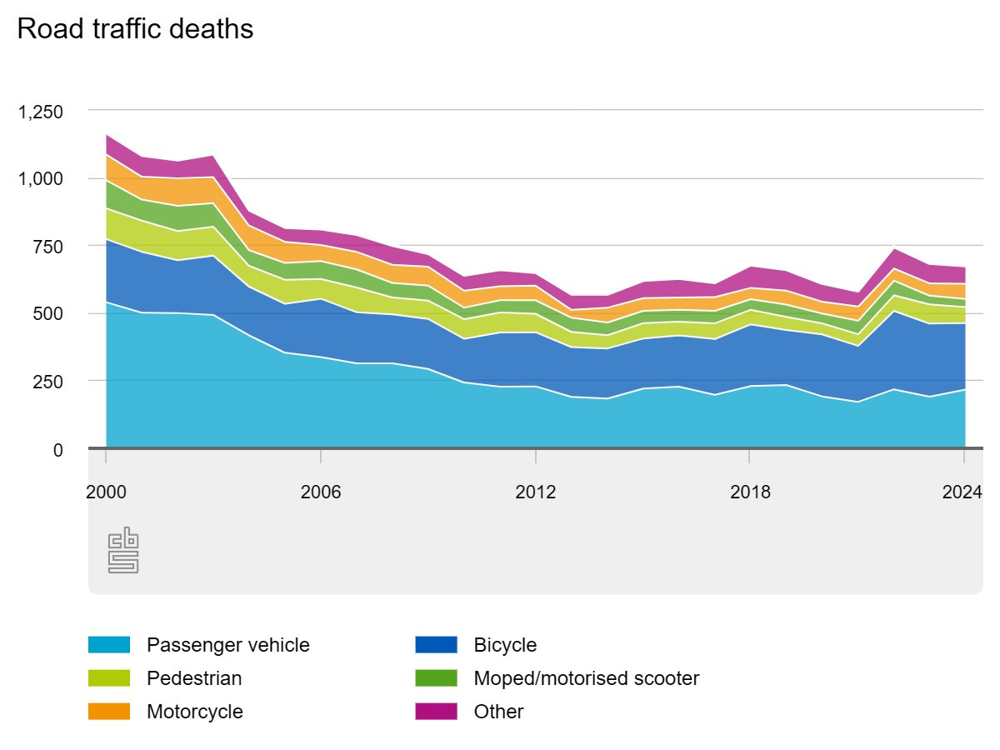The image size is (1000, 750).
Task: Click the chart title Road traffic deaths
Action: (135, 29)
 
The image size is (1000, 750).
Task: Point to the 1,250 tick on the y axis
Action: (41, 112)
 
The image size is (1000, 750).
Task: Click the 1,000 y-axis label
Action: (41, 179)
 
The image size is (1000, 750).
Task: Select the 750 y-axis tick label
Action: (48, 247)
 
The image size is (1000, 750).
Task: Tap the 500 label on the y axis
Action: (48, 314)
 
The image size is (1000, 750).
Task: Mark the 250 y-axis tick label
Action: (48, 382)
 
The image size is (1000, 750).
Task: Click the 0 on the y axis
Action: (57, 450)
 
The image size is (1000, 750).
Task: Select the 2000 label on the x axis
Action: (106, 492)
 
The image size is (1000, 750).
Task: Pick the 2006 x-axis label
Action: (321, 492)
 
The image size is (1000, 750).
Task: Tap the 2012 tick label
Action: (536, 492)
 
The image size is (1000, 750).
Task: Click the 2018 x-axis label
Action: (750, 492)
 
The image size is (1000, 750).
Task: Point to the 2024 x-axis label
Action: (963, 492)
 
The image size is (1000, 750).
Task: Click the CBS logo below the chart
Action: (122, 550)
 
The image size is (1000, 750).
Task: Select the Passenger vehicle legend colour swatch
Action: (109, 645)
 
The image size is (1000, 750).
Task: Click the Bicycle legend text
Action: (505, 645)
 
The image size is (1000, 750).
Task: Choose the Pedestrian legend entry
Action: (194, 678)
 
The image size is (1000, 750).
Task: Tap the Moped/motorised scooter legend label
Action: (586, 678)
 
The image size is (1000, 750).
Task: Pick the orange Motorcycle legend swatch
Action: (109, 712)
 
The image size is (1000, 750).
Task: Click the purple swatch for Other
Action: (436, 712)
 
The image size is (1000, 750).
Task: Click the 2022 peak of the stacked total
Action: (893, 248)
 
